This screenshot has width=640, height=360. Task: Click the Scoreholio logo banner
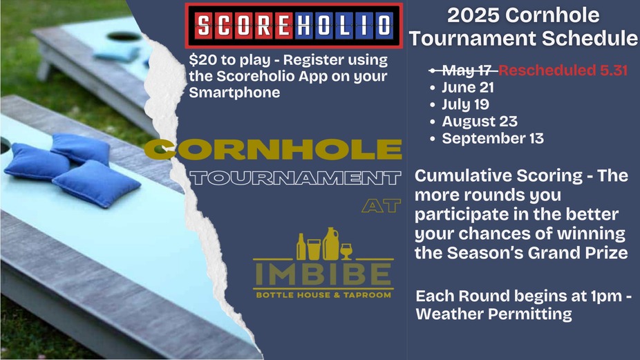coord(294,26)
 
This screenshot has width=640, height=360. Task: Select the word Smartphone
coord(234,93)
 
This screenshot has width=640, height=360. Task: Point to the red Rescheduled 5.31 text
coord(563,70)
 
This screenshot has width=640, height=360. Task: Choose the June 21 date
coord(468,87)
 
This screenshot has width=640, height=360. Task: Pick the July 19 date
coord(465,104)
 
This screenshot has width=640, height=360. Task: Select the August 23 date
coord(480,122)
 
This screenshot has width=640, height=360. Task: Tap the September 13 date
coord(493,138)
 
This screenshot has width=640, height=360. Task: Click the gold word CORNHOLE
coord(272,149)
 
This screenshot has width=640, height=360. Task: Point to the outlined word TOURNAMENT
coord(295,178)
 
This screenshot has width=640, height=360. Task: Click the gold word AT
coord(382,206)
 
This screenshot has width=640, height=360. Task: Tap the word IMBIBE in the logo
coord(323,274)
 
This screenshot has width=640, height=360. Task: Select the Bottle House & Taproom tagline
coord(323,294)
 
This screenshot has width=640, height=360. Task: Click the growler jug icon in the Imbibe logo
coord(331,244)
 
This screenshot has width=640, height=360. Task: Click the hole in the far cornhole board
coord(124,37)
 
